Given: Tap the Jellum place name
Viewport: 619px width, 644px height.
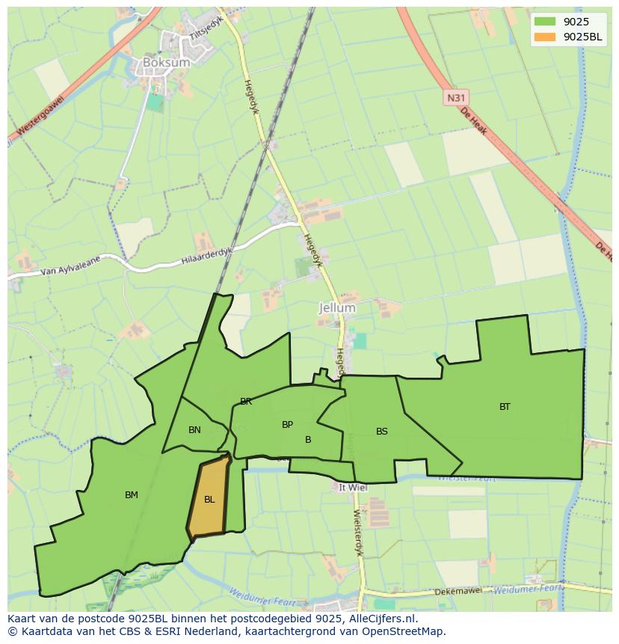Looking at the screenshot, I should tap(337, 307).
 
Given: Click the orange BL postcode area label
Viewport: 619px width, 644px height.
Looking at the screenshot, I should tap(209, 500).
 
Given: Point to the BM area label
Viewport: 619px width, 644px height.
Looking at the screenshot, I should tap(132, 494).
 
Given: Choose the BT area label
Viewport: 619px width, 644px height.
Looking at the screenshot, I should tap(505, 407).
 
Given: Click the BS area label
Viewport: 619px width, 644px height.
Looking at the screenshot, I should tap(381, 432).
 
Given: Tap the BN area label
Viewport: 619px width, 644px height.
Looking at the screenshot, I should tap(194, 430).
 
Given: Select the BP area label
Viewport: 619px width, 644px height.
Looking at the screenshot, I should tap(287, 425).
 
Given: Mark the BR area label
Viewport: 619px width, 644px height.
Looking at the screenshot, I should tap(246, 402).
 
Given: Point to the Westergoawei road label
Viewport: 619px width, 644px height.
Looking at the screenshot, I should tap(41, 118).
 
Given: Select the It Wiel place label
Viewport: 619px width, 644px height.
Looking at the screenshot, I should tap(352, 487).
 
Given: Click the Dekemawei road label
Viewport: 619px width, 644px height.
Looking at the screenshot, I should tap(460, 592).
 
